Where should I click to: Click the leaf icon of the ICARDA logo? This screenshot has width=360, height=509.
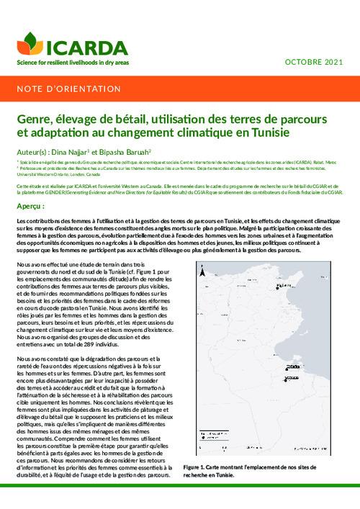pos(30,43)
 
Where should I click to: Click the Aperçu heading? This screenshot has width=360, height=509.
pos(30,206)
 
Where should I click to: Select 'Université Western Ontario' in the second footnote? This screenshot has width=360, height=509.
pos(44,174)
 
